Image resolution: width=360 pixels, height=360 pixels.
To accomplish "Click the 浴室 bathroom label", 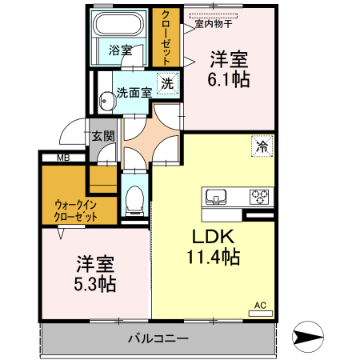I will coord(121,50).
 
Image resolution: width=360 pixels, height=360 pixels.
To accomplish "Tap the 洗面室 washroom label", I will coord(134,91).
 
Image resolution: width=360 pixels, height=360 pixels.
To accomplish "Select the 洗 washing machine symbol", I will coord(167,82).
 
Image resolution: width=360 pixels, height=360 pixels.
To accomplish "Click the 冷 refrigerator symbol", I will coord(262,146).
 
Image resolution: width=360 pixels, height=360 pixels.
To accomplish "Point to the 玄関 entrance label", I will coord(102,135).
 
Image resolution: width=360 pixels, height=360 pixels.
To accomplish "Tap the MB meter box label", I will coord(62,158).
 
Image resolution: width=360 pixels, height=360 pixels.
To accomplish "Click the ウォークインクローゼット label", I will coord(76,210).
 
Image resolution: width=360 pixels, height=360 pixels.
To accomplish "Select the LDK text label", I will coord(210,237).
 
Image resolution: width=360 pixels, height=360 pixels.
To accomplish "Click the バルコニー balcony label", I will coord(158,338).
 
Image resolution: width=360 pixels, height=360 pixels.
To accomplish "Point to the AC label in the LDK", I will coord(260,305).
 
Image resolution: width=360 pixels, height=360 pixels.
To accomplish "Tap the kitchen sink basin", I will coord(217,196).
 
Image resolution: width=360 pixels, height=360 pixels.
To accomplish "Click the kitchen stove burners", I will coord(261,196).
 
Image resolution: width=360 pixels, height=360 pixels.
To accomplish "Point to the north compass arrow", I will coord(310,336).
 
